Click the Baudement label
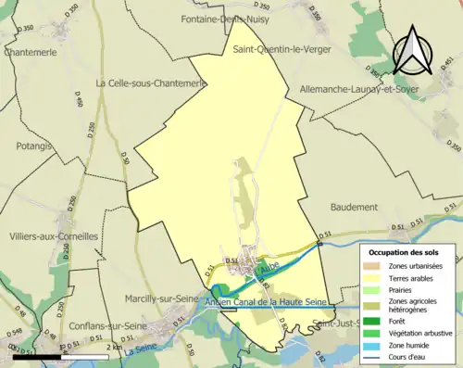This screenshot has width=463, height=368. pos(353,207)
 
